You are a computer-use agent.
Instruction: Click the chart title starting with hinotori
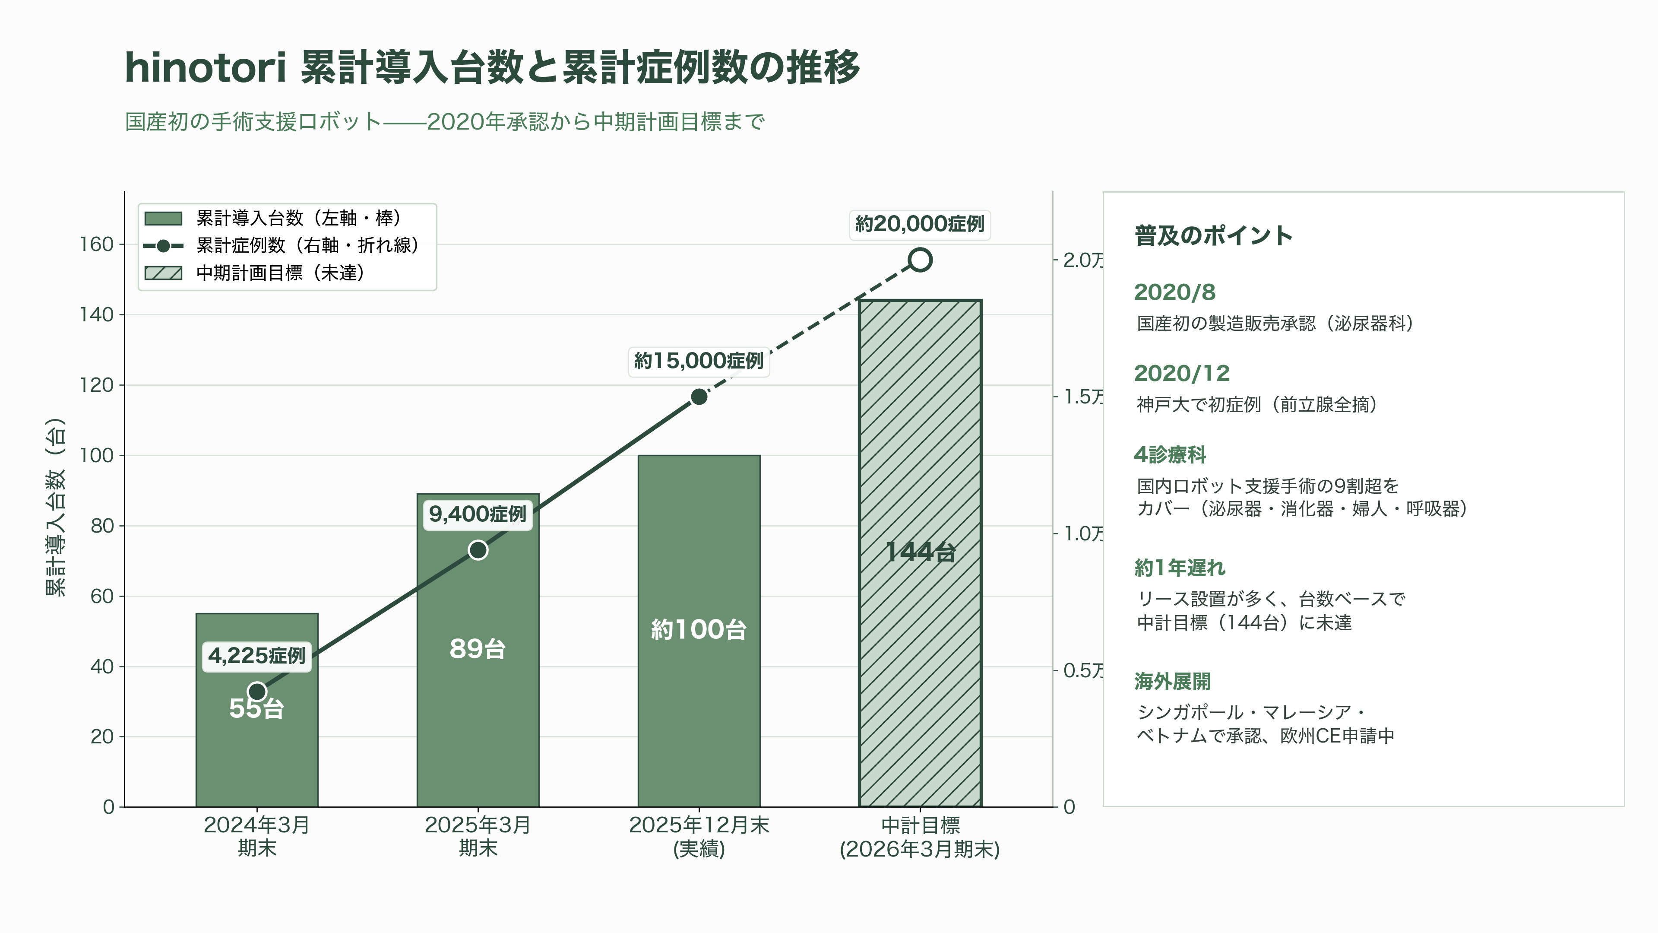(492, 67)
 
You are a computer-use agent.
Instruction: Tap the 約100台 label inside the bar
(699, 629)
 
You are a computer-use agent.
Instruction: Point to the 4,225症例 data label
(257, 656)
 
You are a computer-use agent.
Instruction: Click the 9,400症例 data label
(478, 514)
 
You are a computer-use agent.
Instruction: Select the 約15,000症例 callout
(699, 361)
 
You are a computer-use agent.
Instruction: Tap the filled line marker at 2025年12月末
(699, 397)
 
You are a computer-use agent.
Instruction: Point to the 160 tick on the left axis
(97, 244)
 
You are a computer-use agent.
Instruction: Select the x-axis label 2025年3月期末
(478, 836)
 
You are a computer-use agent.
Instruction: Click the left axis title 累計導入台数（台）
(56, 508)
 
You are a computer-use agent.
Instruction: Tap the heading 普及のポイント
(1213, 236)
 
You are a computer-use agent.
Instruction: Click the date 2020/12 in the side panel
(1182, 374)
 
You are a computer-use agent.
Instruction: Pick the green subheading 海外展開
(1173, 681)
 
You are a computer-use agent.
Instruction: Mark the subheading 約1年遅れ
(1180, 568)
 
